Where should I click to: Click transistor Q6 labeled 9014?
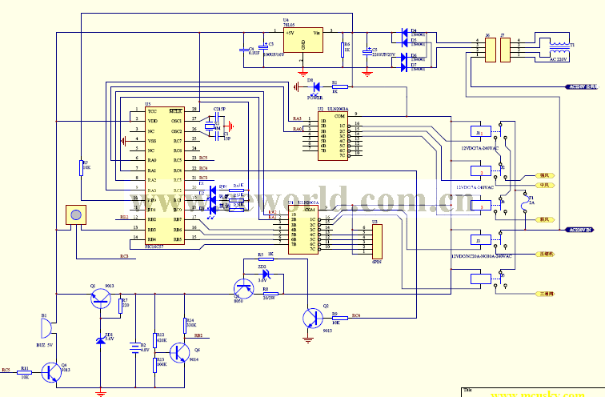coord(181,352)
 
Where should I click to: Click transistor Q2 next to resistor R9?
coord(310,319)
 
